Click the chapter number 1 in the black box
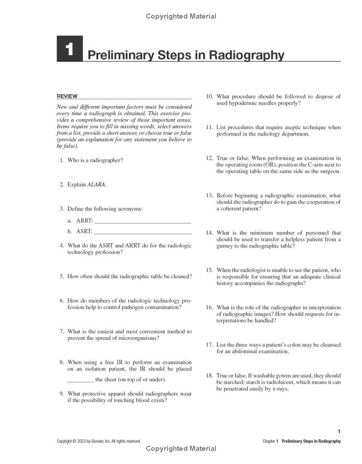(69, 49)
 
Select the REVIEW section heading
(67, 96)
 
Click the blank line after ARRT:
(143, 222)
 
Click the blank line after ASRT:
(143, 233)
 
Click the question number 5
(62, 276)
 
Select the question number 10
(210, 97)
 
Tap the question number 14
(210, 233)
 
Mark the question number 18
(210, 376)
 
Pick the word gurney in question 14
(225, 246)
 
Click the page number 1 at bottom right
(339, 431)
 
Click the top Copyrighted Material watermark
(181, 16)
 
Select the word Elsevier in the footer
(97, 441)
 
